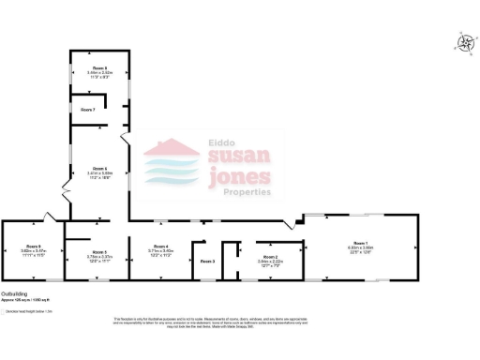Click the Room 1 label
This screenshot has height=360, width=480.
[x=363, y=243]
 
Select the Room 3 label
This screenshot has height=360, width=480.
[x=207, y=261]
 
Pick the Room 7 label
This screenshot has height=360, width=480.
[x=87, y=110]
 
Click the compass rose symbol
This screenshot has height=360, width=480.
[x=464, y=41]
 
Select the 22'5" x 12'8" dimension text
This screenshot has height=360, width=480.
[x=363, y=251]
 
